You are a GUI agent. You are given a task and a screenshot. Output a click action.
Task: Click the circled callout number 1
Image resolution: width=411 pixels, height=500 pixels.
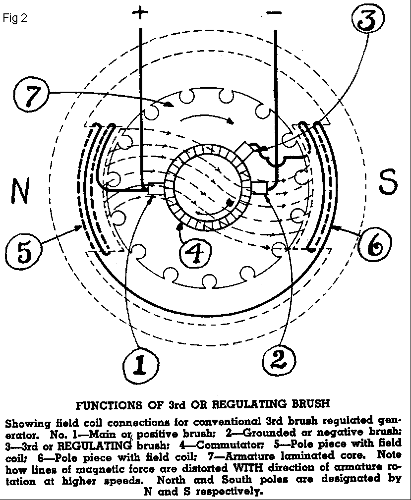(141, 365)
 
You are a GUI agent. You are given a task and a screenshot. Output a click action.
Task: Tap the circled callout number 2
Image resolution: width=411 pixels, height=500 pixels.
(279, 360)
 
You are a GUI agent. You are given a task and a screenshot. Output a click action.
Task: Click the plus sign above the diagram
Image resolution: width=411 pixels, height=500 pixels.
(140, 13)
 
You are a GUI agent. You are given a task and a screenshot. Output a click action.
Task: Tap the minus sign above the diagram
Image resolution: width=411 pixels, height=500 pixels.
(274, 13)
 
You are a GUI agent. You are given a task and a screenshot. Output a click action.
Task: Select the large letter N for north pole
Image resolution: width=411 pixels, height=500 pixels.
(21, 191)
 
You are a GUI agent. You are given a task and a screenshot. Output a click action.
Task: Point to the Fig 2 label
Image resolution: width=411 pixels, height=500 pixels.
(15, 18)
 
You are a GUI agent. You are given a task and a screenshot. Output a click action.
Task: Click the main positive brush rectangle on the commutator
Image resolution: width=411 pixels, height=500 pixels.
(156, 189)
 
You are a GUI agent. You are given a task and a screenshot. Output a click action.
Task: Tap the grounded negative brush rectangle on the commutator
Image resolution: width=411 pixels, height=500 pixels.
(259, 187)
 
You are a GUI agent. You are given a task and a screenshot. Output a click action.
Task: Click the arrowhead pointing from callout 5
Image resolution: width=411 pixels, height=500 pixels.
(79, 227)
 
